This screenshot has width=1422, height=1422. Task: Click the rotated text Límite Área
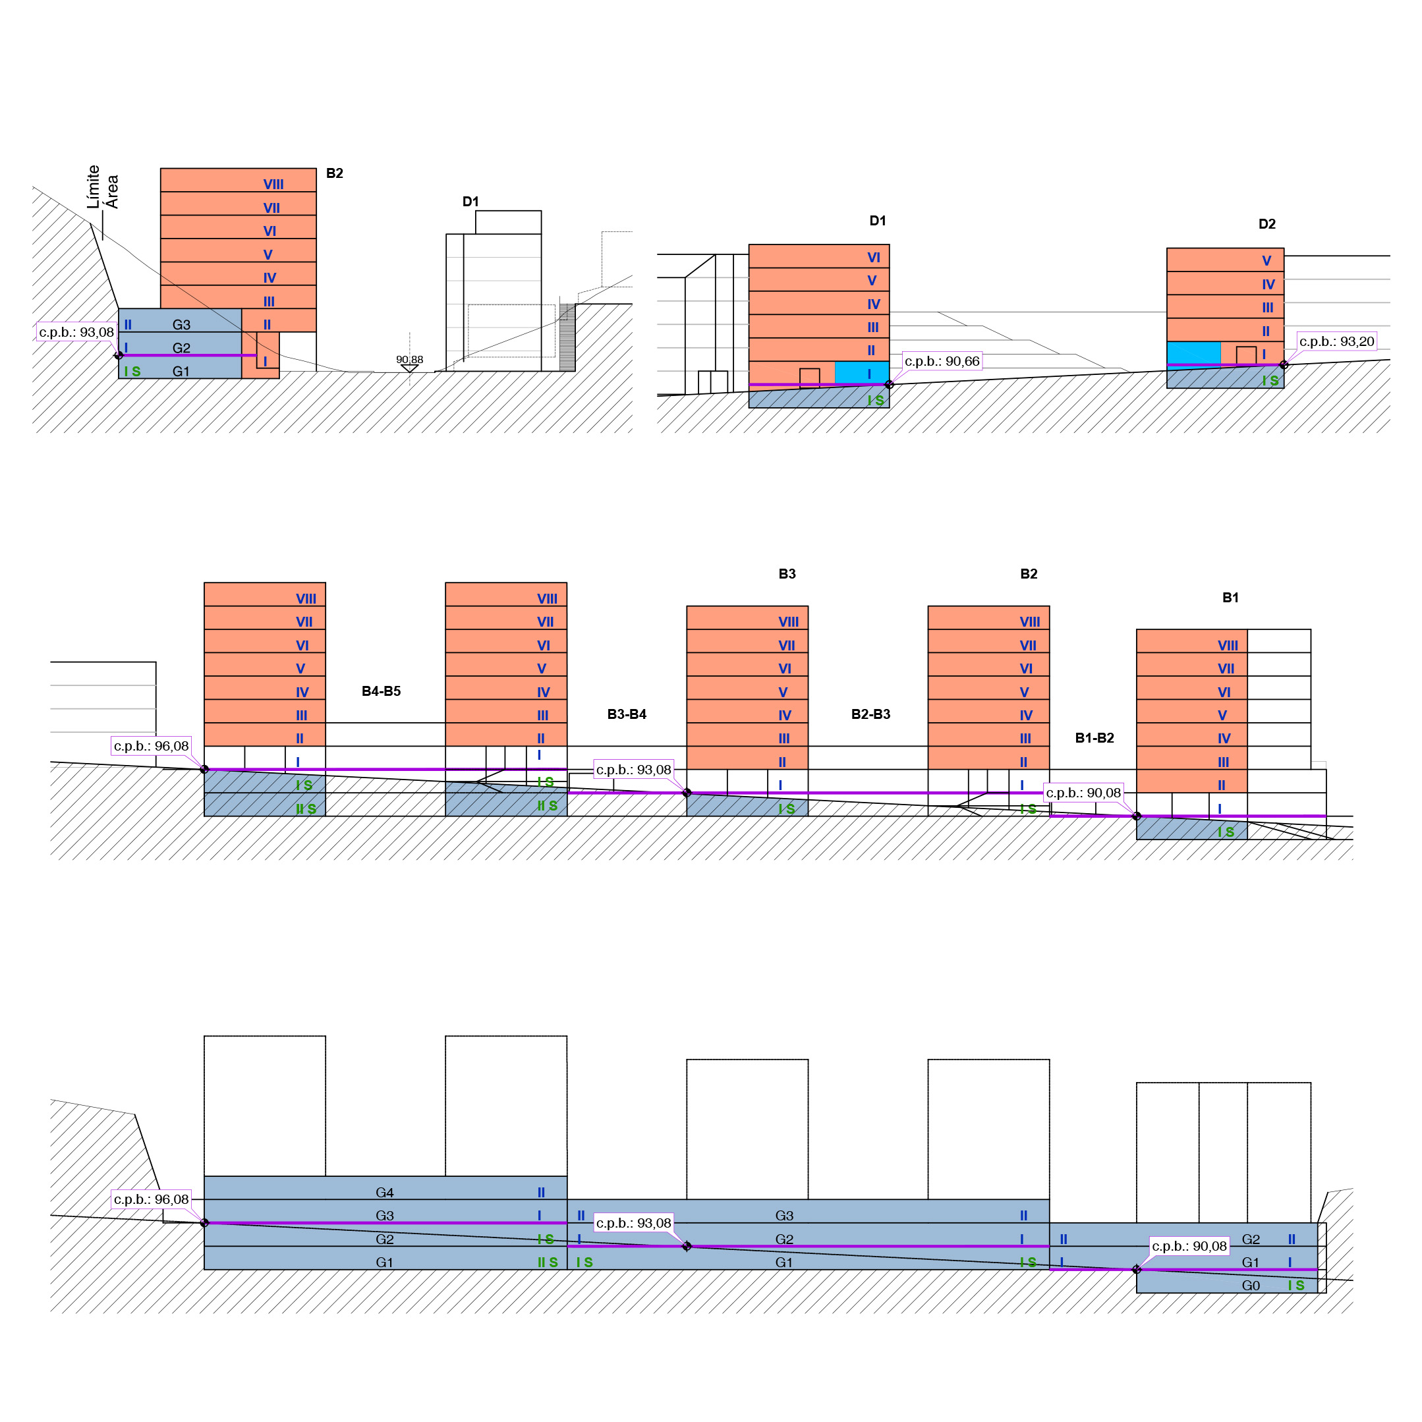point(102,187)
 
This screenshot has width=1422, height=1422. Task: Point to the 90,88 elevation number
point(409,360)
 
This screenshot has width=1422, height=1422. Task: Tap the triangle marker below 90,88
point(409,368)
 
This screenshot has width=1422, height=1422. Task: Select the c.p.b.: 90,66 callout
point(942,361)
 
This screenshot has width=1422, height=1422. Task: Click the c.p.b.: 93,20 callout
point(1336,341)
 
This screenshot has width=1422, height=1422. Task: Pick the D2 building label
point(1266,224)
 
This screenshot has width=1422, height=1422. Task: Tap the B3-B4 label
point(627,714)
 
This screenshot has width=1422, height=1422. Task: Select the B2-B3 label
point(870,714)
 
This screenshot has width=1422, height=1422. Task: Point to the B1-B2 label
point(1094,737)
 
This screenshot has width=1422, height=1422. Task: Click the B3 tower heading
point(787,573)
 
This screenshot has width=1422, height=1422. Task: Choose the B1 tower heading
point(1230,597)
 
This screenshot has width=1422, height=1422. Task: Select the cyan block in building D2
point(1193,353)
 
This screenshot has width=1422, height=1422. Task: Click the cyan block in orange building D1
point(861,372)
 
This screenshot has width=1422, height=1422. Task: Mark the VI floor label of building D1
point(873,258)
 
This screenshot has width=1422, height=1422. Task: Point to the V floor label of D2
point(1266,260)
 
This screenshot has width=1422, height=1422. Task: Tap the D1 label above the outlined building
point(470,201)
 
